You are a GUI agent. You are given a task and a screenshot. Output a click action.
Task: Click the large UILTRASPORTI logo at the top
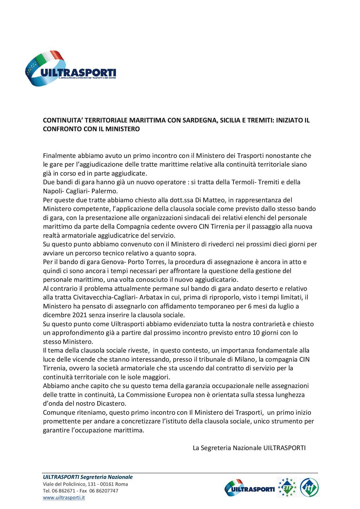point(71,68)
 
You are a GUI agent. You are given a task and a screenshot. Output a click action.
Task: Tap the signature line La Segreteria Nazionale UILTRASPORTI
point(249,448)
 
